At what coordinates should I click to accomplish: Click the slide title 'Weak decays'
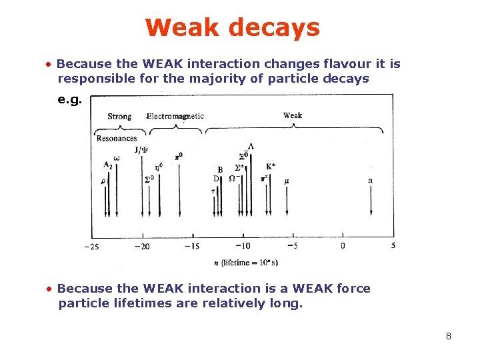coord(232,28)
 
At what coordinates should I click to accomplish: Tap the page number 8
coord(449,336)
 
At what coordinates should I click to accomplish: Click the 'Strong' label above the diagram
coord(119,116)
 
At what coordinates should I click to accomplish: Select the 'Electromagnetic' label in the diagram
coord(175,116)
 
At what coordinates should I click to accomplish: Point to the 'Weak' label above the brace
coord(293,115)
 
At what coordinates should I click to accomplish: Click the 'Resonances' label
coord(117,138)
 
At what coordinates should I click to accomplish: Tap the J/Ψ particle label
coord(142,150)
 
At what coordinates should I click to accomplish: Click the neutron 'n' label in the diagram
coord(370,180)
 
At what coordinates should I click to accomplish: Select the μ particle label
coord(287,181)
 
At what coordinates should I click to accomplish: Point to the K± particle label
coord(271,166)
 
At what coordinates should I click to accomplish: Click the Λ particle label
coord(251,146)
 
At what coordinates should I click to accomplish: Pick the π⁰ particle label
coord(179,156)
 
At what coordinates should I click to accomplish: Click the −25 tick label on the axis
coord(91,247)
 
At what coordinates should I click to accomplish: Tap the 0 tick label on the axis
coord(343,246)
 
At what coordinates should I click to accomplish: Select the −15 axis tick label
coord(192,247)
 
